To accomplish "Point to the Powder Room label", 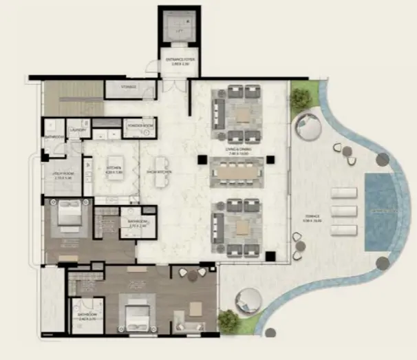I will click(140, 125).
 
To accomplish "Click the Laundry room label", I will click(77, 129).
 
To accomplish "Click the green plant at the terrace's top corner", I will click(300, 98).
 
